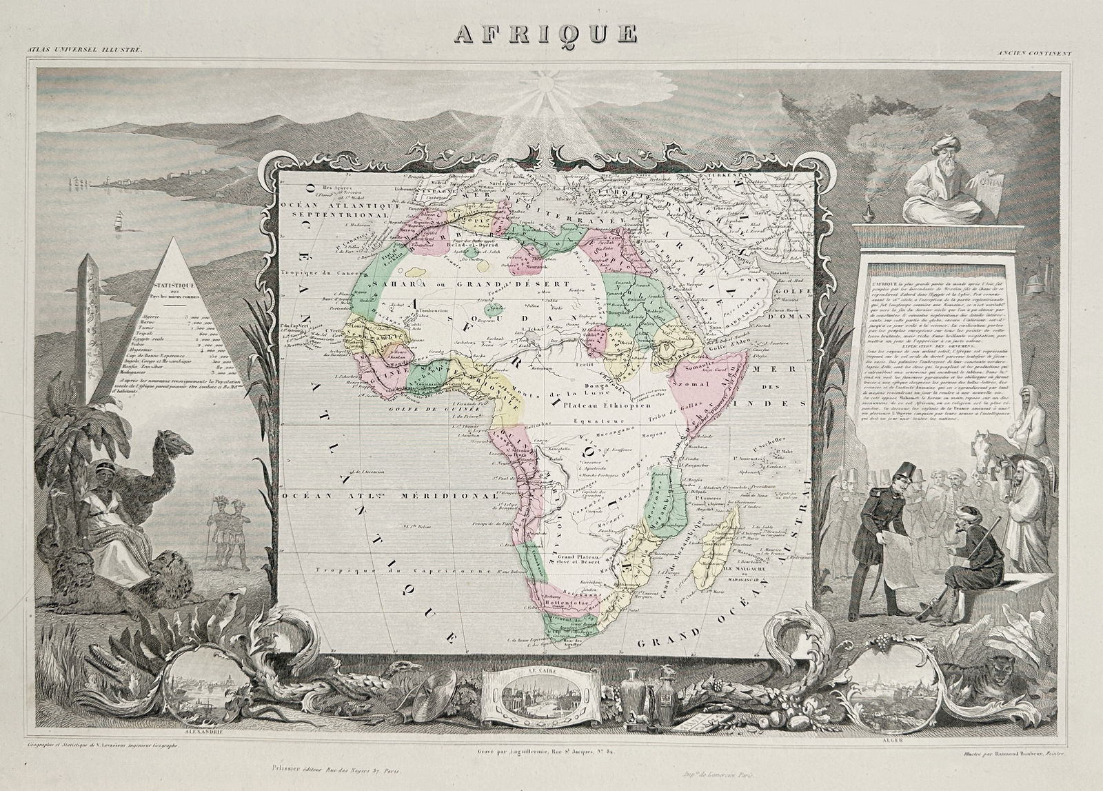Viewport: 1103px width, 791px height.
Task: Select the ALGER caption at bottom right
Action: pos(887,741)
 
